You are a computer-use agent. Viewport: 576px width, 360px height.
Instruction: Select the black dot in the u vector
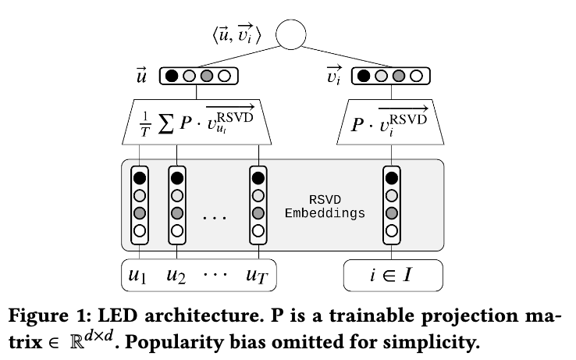tap(172, 77)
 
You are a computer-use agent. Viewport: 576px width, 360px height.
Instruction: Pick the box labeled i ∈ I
tap(393, 274)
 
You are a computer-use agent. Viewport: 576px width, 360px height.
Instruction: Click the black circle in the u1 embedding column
tap(140, 178)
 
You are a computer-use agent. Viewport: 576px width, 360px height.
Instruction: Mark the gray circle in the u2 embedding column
tap(177, 213)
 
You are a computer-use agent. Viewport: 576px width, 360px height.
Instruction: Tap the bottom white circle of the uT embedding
tap(259, 230)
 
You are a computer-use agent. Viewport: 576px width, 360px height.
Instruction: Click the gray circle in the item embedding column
tap(392, 213)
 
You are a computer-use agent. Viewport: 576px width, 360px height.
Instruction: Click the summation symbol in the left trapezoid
tap(165, 124)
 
